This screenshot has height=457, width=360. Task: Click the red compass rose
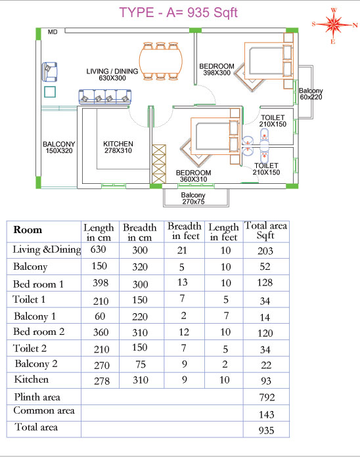(x=334, y=25)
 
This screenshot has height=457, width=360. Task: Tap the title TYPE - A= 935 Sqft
(x=179, y=12)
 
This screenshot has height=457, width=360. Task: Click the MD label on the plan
(x=53, y=32)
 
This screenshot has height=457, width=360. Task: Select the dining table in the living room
(x=160, y=61)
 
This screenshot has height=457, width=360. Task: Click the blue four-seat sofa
(x=105, y=97)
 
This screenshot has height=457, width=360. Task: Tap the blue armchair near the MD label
(x=49, y=72)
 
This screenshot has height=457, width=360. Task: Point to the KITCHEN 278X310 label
(x=118, y=147)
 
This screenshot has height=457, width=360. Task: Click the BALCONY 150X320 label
(x=59, y=148)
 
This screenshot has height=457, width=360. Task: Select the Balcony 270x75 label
(x=193, y=198)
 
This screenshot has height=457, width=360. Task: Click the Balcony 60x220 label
(x=311, y=94)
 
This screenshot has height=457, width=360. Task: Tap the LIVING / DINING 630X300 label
(x=112, y=75)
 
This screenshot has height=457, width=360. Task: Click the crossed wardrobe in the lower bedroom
(x=159, y=164)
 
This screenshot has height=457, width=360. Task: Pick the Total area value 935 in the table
(x=266, y=431)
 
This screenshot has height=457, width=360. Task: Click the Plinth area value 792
(x=267, y=397)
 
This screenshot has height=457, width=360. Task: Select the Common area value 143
(x=267, y=414)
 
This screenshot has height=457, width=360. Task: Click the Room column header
(x=28, y=230)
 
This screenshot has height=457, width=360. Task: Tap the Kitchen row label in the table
(x=31, y=380)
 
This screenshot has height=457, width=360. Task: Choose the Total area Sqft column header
(x=265, y=230)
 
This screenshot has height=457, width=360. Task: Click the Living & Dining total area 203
(x=265, y=251)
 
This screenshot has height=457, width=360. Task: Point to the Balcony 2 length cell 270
(x=102, y=365)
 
